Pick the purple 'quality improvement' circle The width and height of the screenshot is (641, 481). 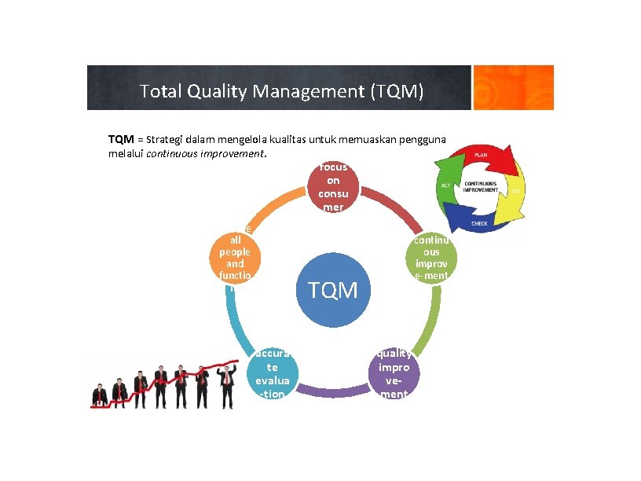pos(393,373)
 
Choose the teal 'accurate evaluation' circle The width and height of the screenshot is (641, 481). pos(273,373)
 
